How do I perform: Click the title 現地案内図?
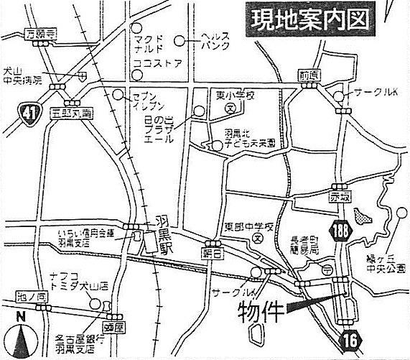(314, 21)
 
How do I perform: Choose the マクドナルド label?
(148, 42)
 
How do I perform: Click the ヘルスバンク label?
(215, 40)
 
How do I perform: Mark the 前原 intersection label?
(309, 75)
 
